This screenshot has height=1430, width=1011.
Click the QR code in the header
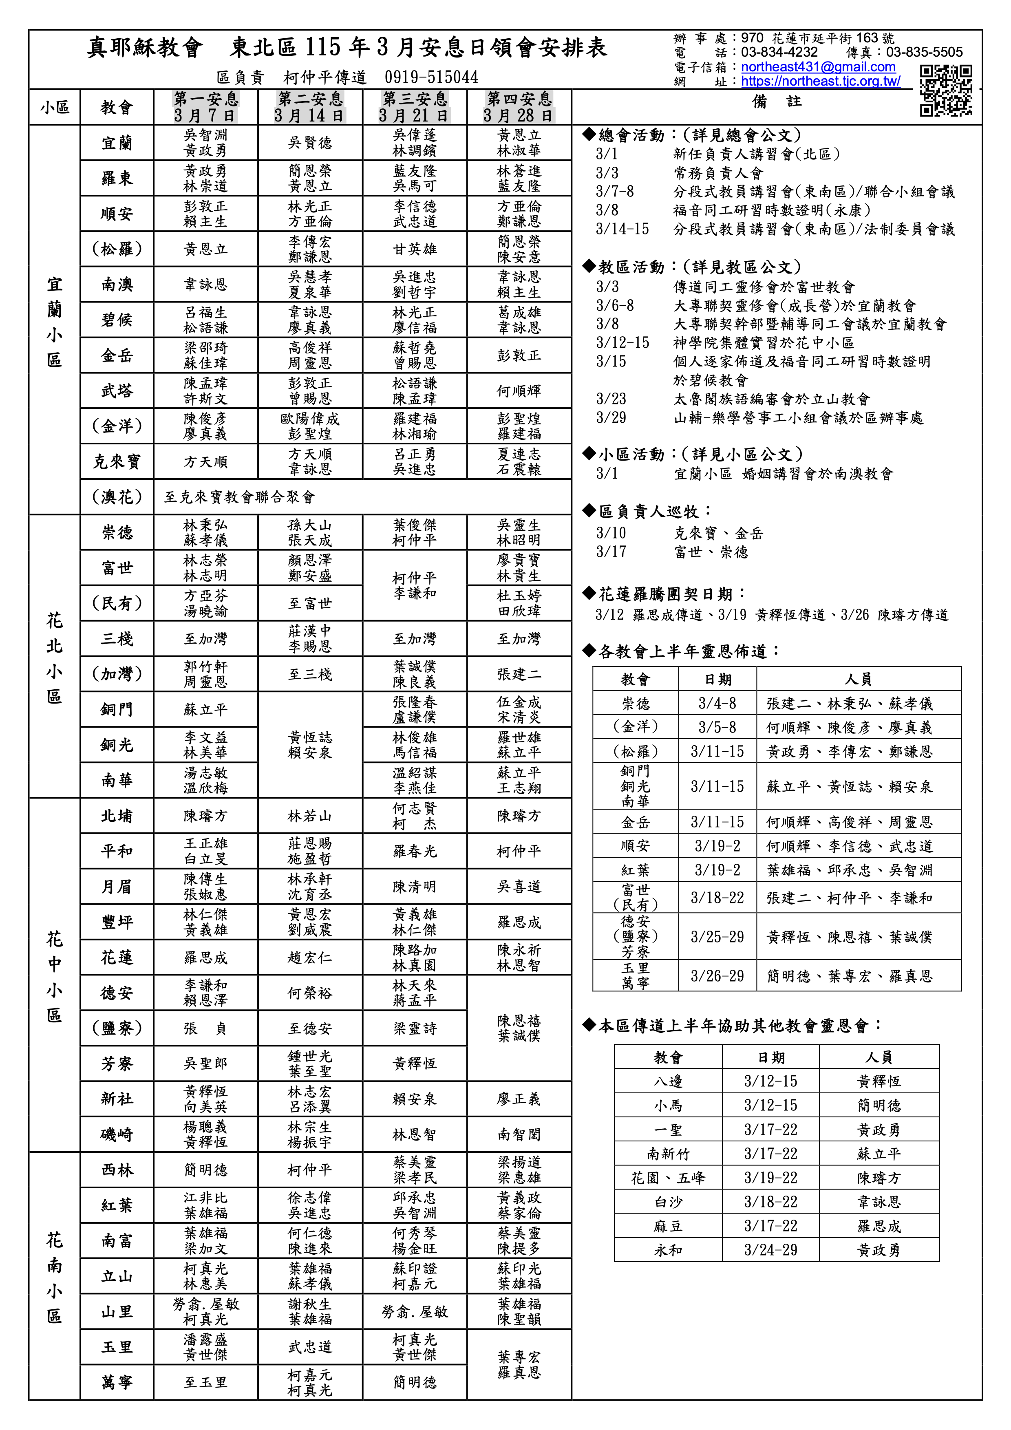click(x=946, y=91)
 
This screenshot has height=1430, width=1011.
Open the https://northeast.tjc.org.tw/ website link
click(x=820, y=82)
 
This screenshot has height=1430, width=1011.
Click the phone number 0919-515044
click(x=431, y=77)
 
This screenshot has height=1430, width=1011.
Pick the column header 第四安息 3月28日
click(x=519, y=107)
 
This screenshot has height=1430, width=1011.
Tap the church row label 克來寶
click(x=117, y=461)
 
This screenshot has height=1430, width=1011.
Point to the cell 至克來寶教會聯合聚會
click(x=240, y=497)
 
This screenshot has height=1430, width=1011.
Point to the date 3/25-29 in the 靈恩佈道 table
click(x=717, y=937)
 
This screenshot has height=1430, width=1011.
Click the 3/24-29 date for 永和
click(x=770, y=1250)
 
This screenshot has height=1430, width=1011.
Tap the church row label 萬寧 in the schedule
click(x=117, y=1382)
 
